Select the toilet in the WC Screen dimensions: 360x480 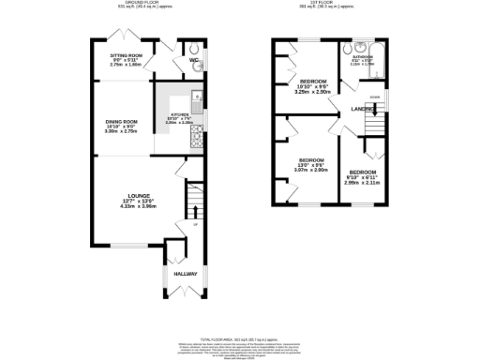pos(193,51)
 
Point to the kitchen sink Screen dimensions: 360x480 pos(196,97)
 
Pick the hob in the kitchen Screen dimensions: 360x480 pos(196,140)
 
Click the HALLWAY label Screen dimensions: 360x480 pos(184,274)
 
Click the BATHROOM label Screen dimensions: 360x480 pos(362,57)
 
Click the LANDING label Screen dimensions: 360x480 pos(360,107)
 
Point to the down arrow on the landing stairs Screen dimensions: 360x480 pos(374,97)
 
